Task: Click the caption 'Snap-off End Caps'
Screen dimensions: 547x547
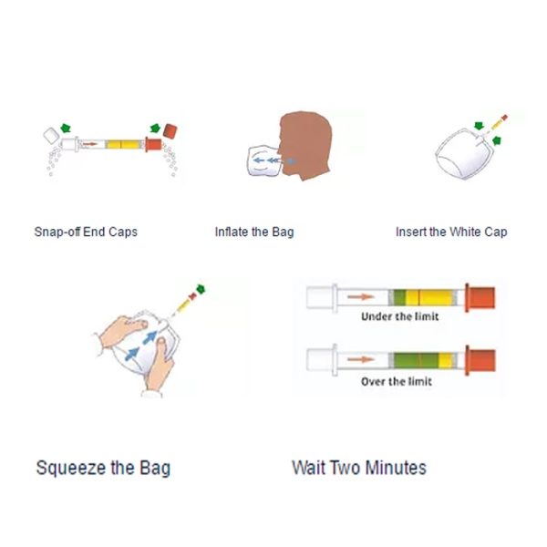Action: (x=86, y=232)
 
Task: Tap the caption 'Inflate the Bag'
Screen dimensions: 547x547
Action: (x=254, y=232)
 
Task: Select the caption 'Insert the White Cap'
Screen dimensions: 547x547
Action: (x=451, y=232)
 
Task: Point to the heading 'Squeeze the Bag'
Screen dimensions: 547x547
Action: (x=103, y=469)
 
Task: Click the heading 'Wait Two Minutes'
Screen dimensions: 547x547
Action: (x=359, y=468)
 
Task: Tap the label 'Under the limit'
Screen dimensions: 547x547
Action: (x=400, y=316)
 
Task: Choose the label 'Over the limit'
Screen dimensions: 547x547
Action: (x=397, y=381)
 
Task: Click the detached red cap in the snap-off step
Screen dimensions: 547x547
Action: (x=170, y=131)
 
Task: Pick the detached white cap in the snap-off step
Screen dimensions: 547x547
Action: (x=51, y=135)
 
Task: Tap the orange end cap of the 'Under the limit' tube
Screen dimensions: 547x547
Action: (x=480, y=297)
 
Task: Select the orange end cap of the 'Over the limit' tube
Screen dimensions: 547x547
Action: (x=480, y=360)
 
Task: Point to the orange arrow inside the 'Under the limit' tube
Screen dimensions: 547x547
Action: (x=361, y=297)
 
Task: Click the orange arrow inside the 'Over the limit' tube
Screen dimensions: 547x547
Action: (x=361, y=359)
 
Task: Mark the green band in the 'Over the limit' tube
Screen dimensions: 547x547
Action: (x=416, y=360)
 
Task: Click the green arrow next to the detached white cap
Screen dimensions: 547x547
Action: (x=66, y=128)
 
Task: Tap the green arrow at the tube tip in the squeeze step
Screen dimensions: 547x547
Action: (x=201, y=289)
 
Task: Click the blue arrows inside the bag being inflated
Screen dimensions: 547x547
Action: (x=267, y=160)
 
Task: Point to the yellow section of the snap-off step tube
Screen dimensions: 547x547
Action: (x=123, y=144)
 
